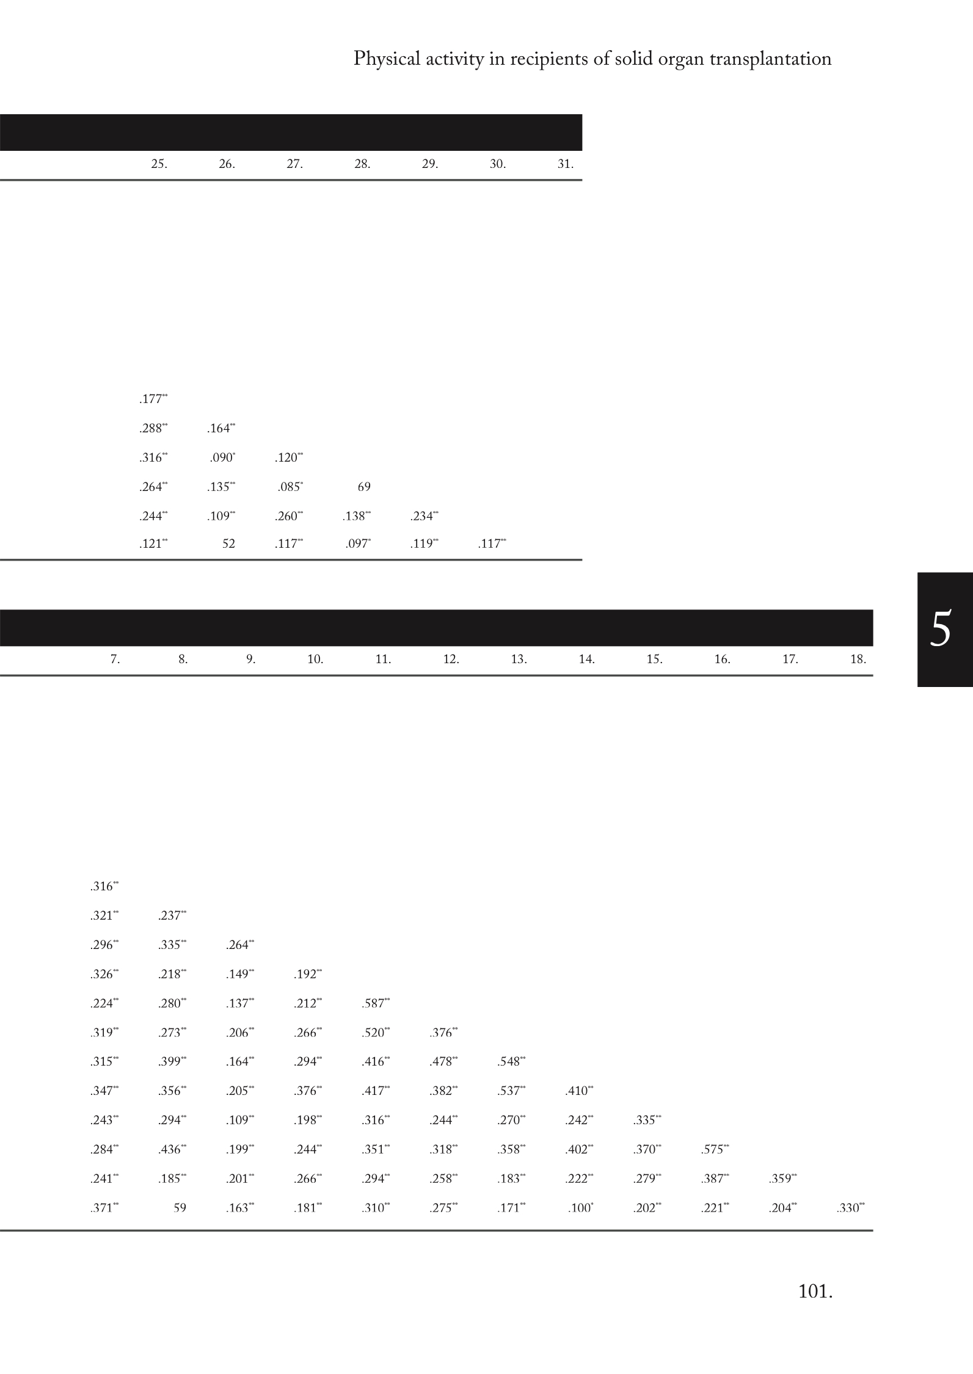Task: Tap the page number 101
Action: (x=815, y=1292)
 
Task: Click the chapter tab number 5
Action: (x=941, y=629)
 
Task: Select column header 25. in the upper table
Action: (x=159, y=164)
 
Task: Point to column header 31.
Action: (x=566, y=164)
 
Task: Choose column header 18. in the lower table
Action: (x=858, y=659)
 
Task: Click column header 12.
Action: (x=451, y=659)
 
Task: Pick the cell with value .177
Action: (x=153, y=399)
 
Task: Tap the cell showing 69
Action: (x=364, y=487)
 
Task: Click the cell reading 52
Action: (x=228, y=543)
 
